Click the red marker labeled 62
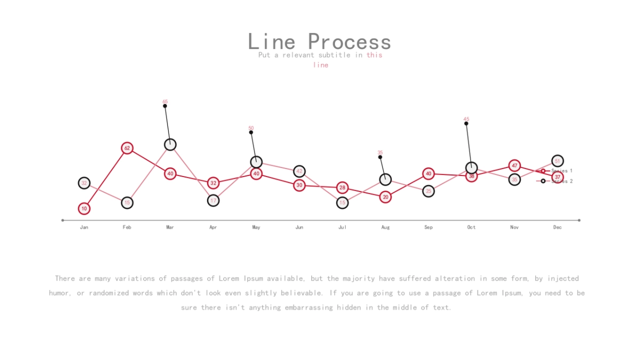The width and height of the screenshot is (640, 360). coord(127,148)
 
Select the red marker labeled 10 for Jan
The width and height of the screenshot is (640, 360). coord(84,209)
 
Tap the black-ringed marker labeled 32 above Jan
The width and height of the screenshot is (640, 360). coord(84,183)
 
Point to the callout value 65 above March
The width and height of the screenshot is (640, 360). coord(165,101)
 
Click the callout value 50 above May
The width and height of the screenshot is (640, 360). coord(251,128)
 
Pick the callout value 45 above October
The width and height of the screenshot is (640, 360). coord(466,119)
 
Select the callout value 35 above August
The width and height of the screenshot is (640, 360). coord(380,153)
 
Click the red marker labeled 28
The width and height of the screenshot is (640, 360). coord(342,188)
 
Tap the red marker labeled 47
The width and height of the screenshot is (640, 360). coord(515,166)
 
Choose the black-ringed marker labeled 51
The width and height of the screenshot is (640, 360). coord(557,161)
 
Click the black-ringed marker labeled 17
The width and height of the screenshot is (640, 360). coord(213,201)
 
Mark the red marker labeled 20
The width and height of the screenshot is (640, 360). coord(386,197)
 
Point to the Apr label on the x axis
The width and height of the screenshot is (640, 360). coord(213,227)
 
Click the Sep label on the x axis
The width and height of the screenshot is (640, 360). coord(428,227)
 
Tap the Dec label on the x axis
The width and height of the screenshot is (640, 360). coord(557,227)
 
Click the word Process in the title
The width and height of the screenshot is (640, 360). coord(349,42)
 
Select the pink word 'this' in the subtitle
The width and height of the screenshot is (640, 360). coord(374,55)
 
